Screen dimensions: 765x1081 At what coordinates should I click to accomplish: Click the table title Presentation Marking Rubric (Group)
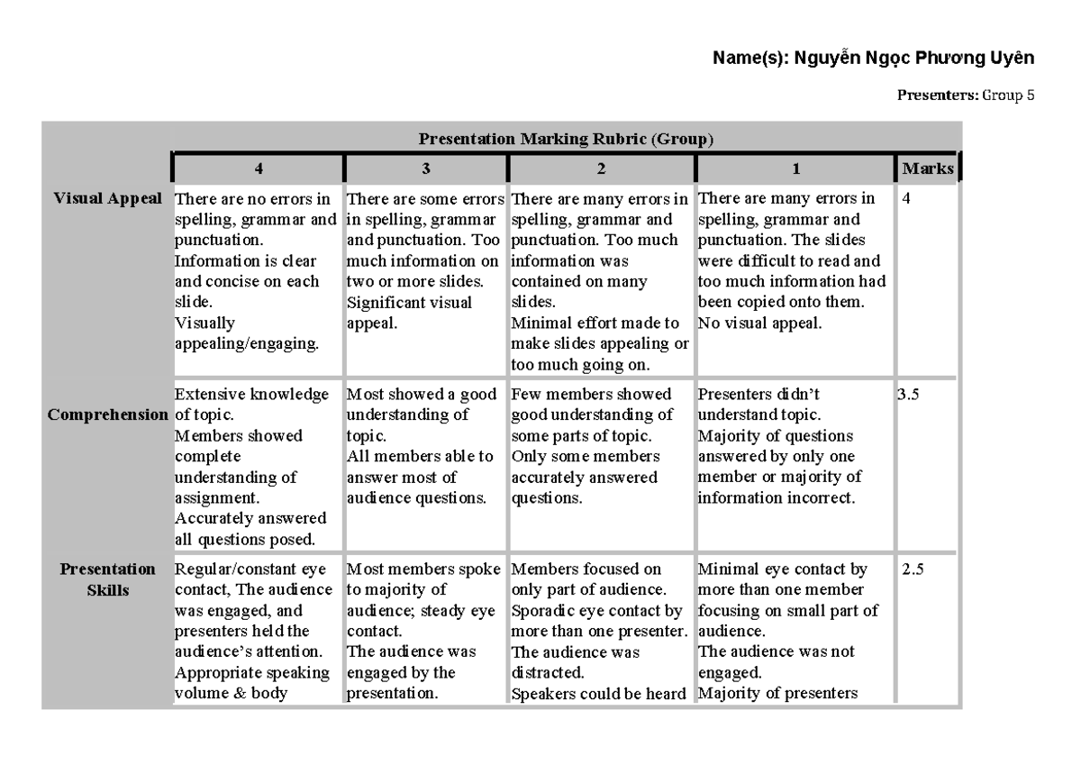(566, 139)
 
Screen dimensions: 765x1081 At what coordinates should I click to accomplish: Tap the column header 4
(259, 168)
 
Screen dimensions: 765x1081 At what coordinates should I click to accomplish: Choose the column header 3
(426, 168)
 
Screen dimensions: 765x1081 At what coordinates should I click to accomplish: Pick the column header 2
(601, 168)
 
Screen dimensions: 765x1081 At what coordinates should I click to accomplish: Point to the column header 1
(793, 168)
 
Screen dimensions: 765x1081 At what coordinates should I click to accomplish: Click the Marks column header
(927, 168)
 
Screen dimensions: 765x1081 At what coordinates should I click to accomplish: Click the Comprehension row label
(107, 415)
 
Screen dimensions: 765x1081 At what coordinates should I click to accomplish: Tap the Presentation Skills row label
(107, 579)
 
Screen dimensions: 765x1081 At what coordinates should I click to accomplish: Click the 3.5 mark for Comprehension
(910, 395)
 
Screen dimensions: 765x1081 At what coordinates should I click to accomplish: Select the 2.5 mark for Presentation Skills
(913, 569)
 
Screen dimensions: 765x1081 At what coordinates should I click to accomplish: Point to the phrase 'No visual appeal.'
(759, 323)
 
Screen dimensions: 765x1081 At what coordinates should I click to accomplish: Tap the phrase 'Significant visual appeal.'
(409, 313)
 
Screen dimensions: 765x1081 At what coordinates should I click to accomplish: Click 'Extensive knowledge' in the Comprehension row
(251, 395)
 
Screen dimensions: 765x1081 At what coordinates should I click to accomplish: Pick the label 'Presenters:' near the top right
(937, 95)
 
